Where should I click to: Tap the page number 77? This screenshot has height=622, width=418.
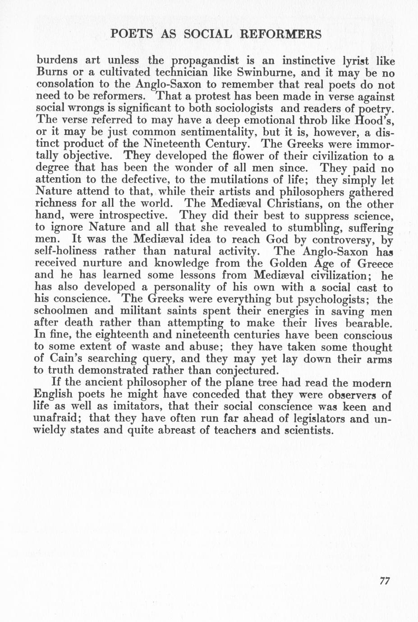point(384,581)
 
